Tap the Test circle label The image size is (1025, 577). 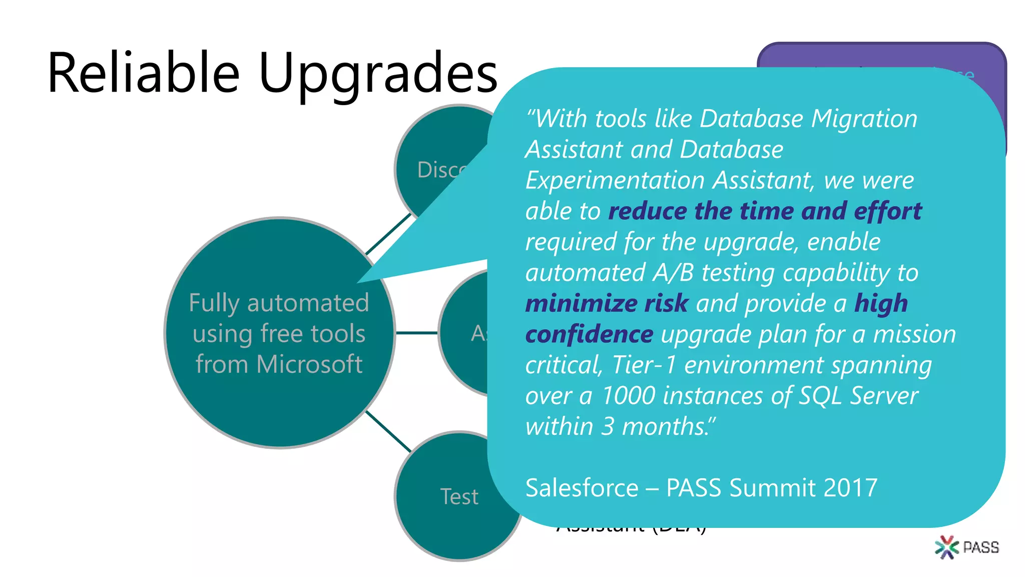click(x=459, y=497)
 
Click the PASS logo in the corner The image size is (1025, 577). click(x=966, y=547)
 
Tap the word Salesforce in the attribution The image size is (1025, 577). click(x=582, y=488)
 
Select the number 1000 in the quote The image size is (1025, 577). click(x=628, y=396)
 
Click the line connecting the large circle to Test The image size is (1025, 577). click(x=388, y=431)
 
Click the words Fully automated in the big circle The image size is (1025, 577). click(x=279, y=303)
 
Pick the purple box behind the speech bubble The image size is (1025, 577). click(x=881, y=55)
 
